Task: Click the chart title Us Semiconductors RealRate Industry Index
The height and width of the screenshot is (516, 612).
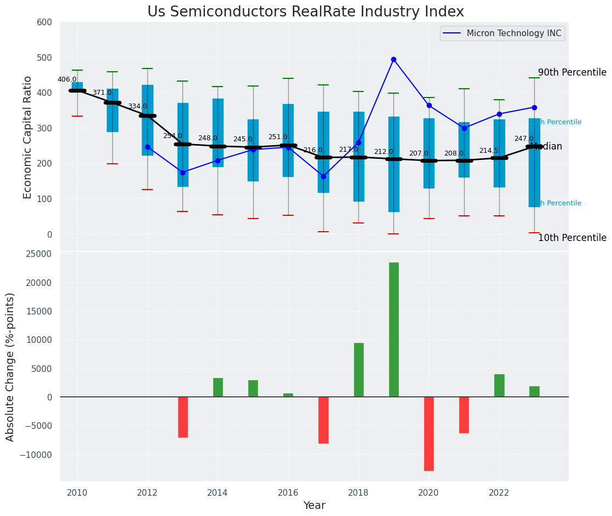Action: click(306, 12)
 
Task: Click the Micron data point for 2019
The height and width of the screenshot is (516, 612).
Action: click(393, 59)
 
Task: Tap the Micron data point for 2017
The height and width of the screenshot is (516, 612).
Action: click(323, 176)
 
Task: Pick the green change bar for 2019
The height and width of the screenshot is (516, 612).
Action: click(393, 329)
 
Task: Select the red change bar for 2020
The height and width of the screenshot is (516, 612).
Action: click(428, 433)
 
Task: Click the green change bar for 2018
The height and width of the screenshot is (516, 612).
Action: click(358, 370)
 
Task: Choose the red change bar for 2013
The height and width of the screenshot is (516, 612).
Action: click(182, 417)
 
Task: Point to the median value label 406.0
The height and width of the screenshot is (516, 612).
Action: click(67, 79)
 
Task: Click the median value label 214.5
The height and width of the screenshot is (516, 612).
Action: click(489, 151)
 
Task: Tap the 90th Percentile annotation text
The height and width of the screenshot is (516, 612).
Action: click(572, 73)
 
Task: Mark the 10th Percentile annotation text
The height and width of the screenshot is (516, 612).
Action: click(572, 238)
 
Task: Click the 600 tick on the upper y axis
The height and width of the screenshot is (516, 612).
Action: click(44, 22)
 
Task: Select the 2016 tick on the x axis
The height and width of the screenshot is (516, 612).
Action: click(288, 492)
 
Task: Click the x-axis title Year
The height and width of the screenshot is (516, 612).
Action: click(314, 506)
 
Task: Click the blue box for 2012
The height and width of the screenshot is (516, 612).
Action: click(147, 120)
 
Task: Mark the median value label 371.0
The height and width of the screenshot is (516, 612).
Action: click(102, 93)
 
